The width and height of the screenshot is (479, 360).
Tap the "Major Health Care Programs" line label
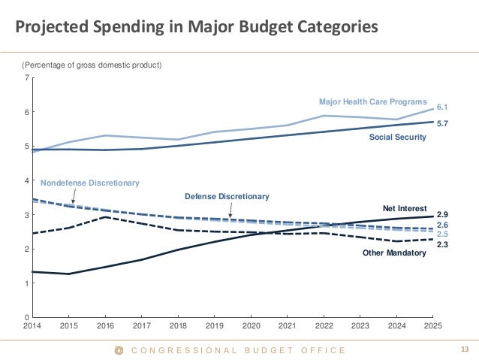pos(372,101)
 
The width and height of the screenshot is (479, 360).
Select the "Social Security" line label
pos(397,137)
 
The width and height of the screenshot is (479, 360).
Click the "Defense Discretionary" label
pos(226,196)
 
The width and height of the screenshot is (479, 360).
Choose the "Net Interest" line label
pos(405,207)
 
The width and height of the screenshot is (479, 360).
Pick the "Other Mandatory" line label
pos(394,253)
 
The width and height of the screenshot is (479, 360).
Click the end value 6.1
pos(443,107)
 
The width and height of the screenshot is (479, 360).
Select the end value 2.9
pos(443,214)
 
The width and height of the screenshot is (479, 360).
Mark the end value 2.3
pos(443,244)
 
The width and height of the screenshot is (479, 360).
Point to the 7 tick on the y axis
pos(27,78)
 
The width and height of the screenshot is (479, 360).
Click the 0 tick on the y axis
pos(27,317)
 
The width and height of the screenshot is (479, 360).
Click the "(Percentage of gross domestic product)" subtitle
pos(91,65)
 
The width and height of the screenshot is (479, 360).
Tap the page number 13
pos(463,349)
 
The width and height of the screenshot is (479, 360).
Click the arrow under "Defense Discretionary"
pos(230,210)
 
